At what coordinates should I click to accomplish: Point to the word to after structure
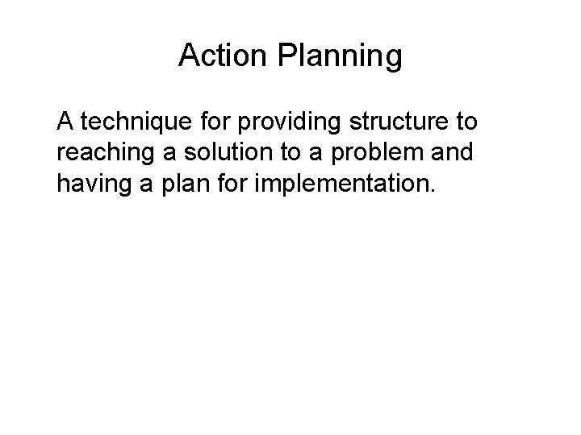point(466,124)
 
